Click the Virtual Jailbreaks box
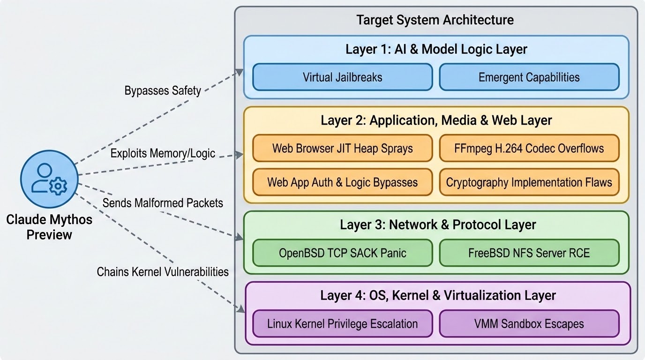pyautogui.click(x=343, y=77)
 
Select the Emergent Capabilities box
pyautogui.click(x=529, y=77)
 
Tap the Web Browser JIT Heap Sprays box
pyautogui.click(x=343, y=148)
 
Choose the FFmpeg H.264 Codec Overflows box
pyautogui.click(x=529, y=148)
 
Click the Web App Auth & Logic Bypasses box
pyautogui.click(x=343, y=182)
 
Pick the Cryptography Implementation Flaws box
pyautogui.click(x=529, y=182)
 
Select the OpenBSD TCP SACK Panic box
pyautogui.click(x=343, y=253)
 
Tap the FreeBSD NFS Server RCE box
pyautogui.click(x=529, y=253)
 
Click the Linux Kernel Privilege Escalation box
pyautogui.click(x=343, y=324)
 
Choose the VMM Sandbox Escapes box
pyautogui.click(x=529, y=324)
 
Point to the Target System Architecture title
pyautogui.click(x=435, y=20)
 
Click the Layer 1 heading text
pyautogui.click(x=436, y=49)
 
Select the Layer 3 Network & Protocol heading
pyautogui.click(x=438, y=225)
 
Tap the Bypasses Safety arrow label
pyautogui.click(x=163, y=90)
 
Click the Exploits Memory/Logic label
pyautogui.click(x=163, y=153)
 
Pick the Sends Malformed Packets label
pyautogui.click(x=163, y=203)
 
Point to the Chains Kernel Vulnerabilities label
pyautogui.click(x=163, y=272)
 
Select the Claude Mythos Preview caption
pyautogui.click(x=49, y=227)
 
